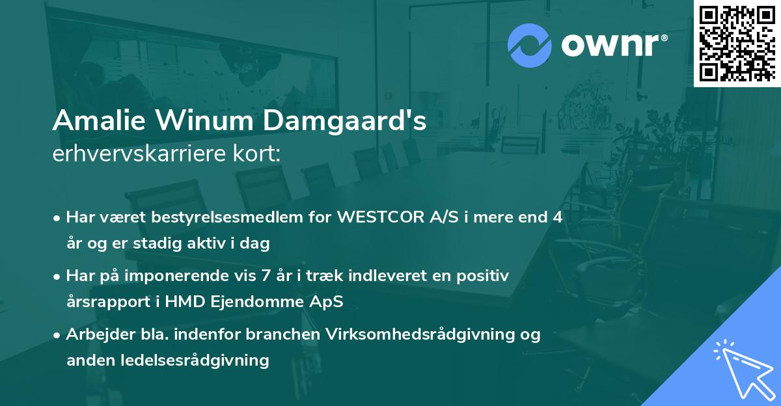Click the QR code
click(737, 43)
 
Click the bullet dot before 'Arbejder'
click(58, 335)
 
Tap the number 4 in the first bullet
click(557, 217)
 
